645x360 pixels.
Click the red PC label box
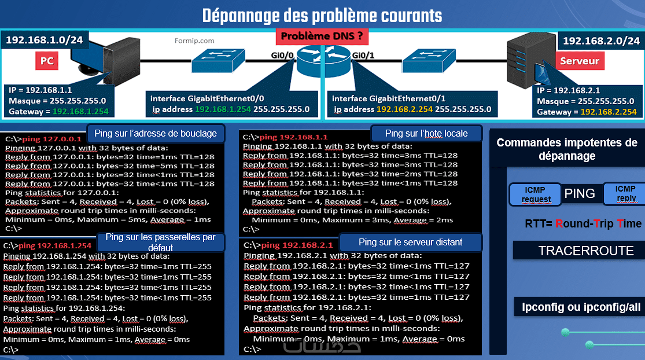pyautogui.click(x=47, y=61)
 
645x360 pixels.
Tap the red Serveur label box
pyautogui.click(x=580, y=61)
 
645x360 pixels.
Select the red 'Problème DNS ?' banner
pyautogui.click(x=322, y=36)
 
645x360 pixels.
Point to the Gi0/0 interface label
pyautogui.click(x=282, y=55)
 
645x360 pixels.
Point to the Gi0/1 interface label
pyautogui.click(x=363, y=55)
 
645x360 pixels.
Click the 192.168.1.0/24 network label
pyautogui.click(x=44, y=40)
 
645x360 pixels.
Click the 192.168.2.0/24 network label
pyautogui.click(x=601, y=41)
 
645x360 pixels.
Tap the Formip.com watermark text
pyautogui.click(x=194, y=41)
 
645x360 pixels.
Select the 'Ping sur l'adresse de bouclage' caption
pyautogui.click(x=156, y=133)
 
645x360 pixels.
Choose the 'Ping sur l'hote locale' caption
pyautogui.click(x=426, y=133)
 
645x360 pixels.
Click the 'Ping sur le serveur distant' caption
pyautogui.click(x=410, y=243)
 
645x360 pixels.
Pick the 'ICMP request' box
pyautogui.click(x=535, y=194)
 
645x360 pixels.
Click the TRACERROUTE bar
pyautogui.click(x=586, y=251)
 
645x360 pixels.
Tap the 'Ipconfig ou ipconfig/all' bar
pyautogui.click(x=581, y=307)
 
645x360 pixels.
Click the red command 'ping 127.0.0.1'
pyautogui.click(x=52, y=139)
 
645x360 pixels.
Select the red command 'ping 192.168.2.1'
pyautogui.click(x=297, y=245)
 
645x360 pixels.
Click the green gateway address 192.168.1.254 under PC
pyautogui.click(x=80, y=112)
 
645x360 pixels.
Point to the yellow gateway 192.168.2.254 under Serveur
pyautogui.click(x=609, y=112)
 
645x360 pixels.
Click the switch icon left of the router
pyautogui.click(x=218, y=60)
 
